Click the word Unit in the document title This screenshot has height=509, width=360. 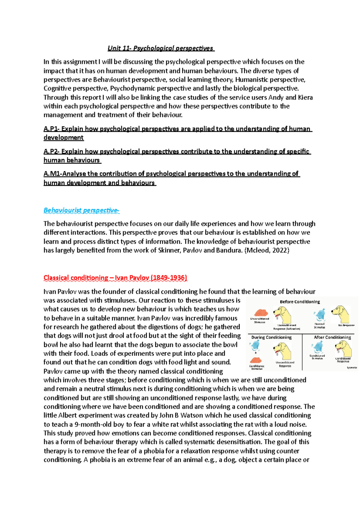tap(114, 48)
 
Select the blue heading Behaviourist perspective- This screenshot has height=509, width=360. tap(81, 210)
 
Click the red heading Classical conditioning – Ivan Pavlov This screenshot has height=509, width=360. tap(115, 278)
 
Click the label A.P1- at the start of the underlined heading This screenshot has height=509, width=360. tap(52, 129)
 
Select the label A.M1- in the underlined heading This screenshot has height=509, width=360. tap(53, 174)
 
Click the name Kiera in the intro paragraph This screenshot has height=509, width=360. tap(305, 97)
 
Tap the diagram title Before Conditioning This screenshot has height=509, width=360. tap(300, 302)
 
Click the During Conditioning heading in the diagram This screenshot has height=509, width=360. tap(271, 337)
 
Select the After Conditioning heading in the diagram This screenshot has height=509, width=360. tap(332, 337)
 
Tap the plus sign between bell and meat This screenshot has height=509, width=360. tap(256, 353)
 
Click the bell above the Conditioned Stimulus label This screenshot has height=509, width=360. tap(318, 348)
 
